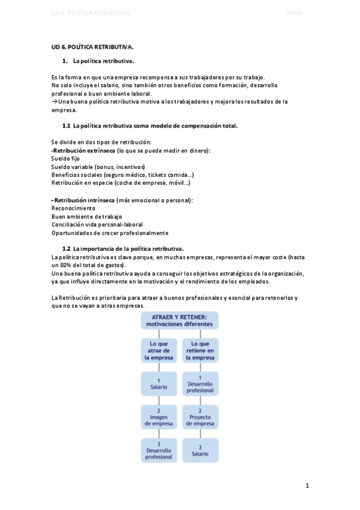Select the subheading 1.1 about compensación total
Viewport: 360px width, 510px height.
coord(150,126)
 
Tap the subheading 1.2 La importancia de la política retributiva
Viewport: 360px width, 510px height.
coord(123,248)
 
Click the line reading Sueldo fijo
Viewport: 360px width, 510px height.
coord(66,158)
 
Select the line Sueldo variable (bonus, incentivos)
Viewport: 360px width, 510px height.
coord(98,167)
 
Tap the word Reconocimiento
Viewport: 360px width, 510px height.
coord(73,208)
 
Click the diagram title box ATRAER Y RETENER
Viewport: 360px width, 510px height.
coord(180,319)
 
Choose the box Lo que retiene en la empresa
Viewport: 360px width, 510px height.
coord(200,350)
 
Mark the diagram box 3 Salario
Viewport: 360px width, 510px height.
coord(200,450)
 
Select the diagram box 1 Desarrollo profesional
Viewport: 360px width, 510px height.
coord(200,383)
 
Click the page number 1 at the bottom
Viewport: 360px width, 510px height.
coord(307,485)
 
